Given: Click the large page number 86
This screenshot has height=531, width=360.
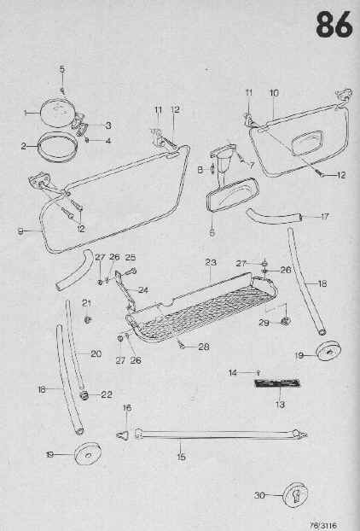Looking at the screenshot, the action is [x=334, y=25].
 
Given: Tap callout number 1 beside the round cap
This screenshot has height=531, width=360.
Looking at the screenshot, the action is [x=26, y=113].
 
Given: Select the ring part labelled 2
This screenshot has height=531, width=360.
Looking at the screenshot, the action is [x=55, y=146].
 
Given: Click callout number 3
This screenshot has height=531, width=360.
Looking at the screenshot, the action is [x=108, y=125].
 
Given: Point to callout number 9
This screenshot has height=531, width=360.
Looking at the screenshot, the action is [x=20, y=231].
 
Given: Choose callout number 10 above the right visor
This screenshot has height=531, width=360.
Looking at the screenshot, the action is [x=274, y=93].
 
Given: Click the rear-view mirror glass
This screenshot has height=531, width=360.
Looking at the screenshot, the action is [x=233, y=195].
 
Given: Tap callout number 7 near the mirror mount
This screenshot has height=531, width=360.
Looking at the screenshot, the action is [x=252, y=166].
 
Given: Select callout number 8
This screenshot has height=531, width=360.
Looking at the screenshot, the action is [x=200, y=170].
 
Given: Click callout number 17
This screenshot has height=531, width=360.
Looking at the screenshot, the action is [x=325, y=216].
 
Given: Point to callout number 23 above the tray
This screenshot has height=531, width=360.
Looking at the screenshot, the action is [x=211, y=262].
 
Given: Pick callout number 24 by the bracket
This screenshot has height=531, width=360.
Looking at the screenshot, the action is [x=143, y=290].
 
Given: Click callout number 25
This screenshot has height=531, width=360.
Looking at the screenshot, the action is [x=131, y=257].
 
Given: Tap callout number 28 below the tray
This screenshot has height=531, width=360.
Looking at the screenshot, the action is [x=204, y=347].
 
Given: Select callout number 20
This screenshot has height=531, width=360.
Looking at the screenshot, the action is [x=96, y=354].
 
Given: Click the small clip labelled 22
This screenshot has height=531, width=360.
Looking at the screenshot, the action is [x=84, y=395].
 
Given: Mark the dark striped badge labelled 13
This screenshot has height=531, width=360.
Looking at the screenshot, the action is [x=277, y=383].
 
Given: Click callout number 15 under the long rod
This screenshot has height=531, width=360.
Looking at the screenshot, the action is [x=182, y=457].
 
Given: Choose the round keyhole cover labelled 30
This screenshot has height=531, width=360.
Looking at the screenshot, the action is [x=295, y=495].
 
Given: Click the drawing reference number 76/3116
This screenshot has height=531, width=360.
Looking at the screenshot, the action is [x=323, y=525].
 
